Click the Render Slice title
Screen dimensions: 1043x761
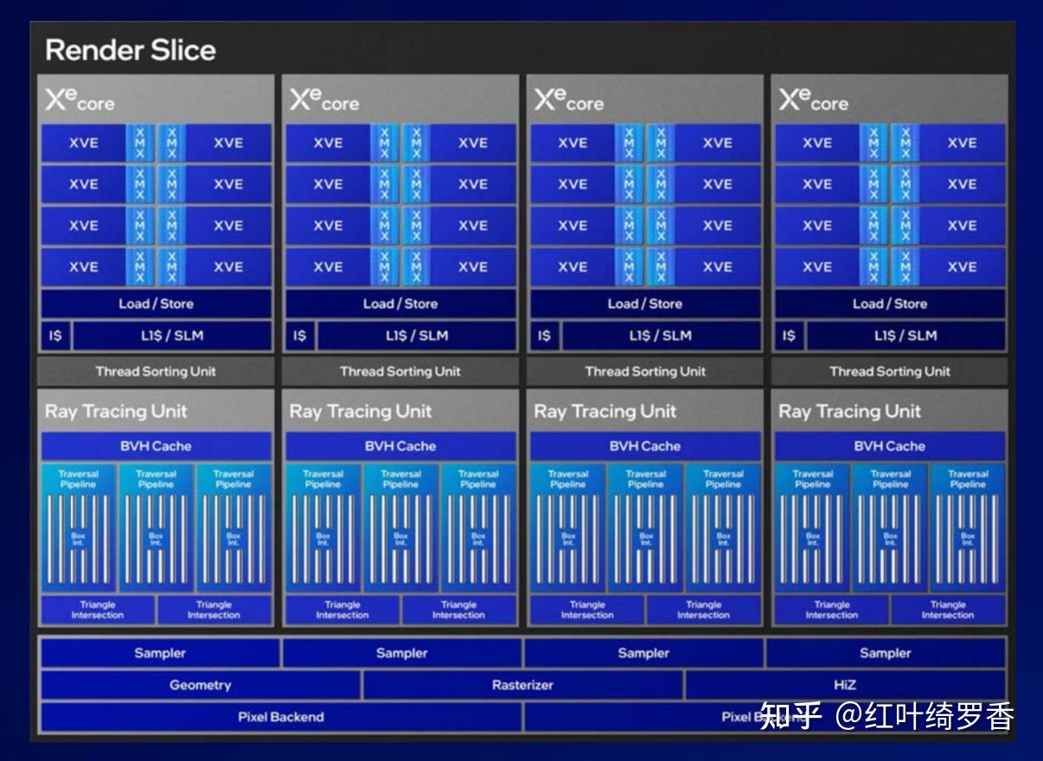point(130,50)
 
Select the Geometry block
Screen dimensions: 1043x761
point(200,685)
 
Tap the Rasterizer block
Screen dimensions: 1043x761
point(522,685)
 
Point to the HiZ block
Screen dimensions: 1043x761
point(845,685)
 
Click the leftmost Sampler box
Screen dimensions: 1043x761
point(160,653)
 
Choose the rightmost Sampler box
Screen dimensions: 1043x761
point(885,653)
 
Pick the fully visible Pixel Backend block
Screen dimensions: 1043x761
point(281,717)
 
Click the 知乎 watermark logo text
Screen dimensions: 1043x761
point(790,717)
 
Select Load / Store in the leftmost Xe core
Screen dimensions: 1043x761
point(156,304)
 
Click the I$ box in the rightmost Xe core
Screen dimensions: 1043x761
point(789,336)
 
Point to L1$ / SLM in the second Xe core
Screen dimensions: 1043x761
point(416,336)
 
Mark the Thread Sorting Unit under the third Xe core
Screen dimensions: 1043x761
point(645,372)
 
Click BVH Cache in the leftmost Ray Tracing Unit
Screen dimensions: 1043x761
point(156,446)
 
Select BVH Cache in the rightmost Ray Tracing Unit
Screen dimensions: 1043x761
point(889,446)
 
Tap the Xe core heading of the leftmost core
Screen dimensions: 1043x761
point(80,100)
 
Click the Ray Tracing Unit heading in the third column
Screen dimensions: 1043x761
point(605,412)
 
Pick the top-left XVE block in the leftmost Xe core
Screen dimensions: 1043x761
point(84,144)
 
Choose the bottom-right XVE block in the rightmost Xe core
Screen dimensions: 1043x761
point(962,267)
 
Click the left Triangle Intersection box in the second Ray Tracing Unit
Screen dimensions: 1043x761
point(342,610)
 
